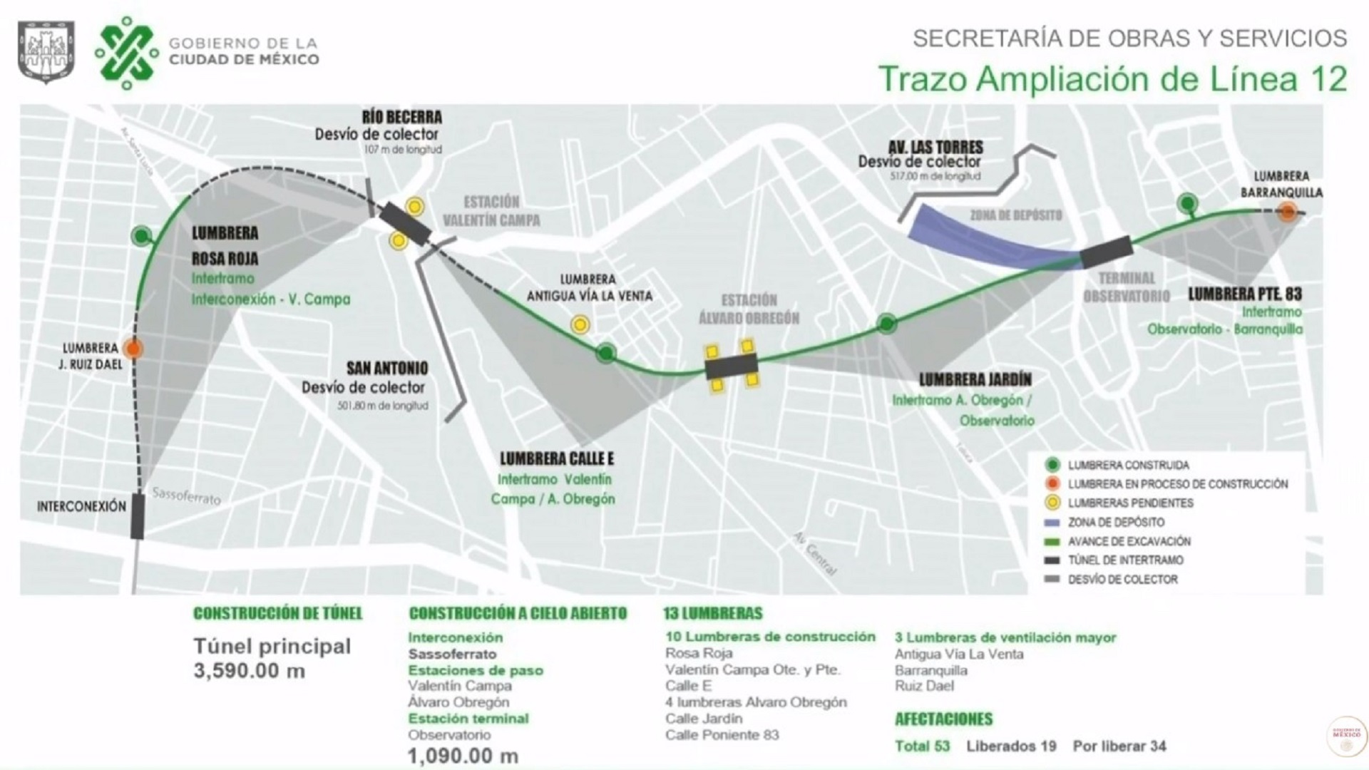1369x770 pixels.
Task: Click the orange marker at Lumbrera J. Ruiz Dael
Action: point(133,349)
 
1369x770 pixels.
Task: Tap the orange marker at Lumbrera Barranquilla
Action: point(1287,212)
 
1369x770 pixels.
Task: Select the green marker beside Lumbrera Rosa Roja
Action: point(142,235)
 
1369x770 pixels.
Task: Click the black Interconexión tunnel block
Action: point(138,516)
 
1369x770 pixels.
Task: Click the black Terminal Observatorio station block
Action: point(1106,252)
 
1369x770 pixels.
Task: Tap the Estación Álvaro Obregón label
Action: point(749,309)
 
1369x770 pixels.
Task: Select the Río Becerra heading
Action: point(401,117)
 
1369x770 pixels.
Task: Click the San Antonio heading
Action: point(387,369)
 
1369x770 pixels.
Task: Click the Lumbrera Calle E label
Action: point(556,458)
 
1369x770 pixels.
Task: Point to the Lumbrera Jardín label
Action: point(975,380)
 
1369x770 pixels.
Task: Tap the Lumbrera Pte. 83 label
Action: point(1244,294)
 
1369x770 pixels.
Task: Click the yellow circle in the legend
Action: point(1052,503)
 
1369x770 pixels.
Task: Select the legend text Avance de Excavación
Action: point(1129,542)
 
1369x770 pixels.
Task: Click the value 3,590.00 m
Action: point(249,671)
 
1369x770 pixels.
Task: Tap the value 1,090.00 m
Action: point(463,756)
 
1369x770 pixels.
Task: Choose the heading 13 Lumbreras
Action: point(712,613)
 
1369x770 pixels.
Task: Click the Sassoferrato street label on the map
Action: point(187,496)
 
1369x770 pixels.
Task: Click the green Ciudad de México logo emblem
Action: point(127,52)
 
